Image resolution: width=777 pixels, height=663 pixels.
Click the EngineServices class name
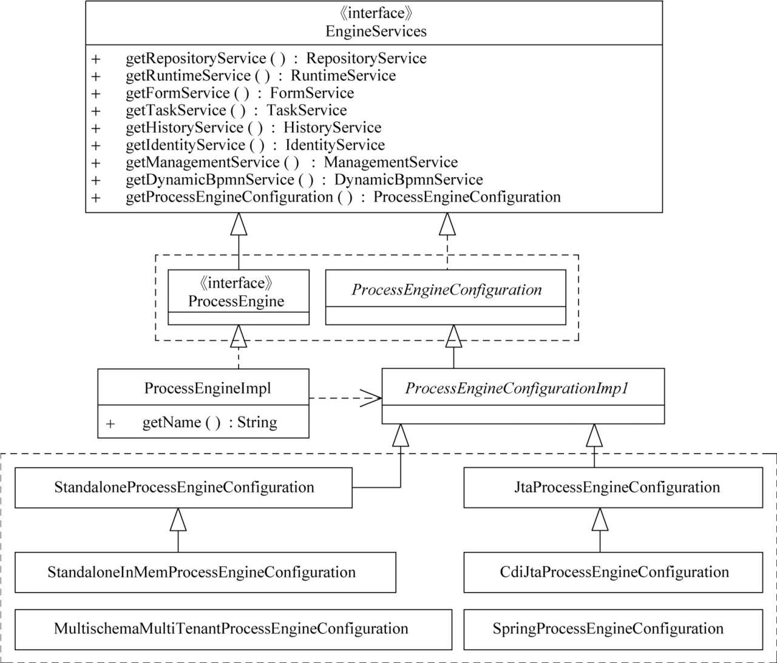376,31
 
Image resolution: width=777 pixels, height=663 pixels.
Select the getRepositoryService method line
276,59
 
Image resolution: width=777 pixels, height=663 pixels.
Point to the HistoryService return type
332,128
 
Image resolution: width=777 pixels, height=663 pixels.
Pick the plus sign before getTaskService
96,111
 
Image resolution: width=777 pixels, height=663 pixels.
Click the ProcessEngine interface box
239,297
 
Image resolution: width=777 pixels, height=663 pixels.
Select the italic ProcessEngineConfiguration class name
447,290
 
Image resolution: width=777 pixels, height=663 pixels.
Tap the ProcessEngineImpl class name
208,388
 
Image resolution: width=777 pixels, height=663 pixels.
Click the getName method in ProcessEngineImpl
210,423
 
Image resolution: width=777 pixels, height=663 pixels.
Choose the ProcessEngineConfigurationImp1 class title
517,388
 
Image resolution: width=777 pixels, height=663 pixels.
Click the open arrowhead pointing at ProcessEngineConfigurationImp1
371,398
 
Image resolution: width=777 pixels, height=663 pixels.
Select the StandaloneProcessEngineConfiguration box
183,488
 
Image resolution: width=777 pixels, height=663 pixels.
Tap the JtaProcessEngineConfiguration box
613,488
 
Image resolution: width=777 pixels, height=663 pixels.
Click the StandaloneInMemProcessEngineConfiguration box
205,572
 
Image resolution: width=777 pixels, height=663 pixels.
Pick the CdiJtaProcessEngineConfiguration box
613,572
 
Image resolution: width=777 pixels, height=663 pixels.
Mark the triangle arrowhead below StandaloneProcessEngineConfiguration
178,519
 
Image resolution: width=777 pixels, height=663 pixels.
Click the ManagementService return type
391,163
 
